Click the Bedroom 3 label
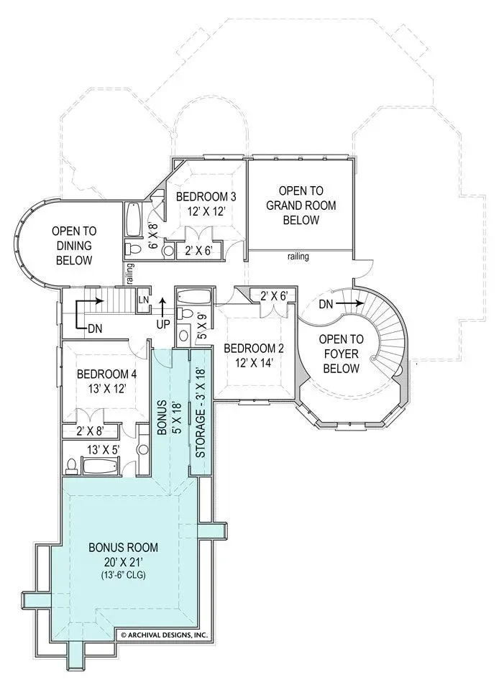point(206,203)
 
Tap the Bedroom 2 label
point(254,355)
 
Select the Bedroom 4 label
point(106,381)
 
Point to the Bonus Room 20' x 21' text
point(123,554)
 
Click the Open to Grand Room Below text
point(301,205)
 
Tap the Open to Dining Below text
point(74,246)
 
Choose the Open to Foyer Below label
point(341,354)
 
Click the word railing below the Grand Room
point(298,256)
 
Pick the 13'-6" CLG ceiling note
point(123,575)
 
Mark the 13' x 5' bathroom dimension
point(104,450)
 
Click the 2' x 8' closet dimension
point(90,431)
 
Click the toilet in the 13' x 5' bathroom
point(71,466)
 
